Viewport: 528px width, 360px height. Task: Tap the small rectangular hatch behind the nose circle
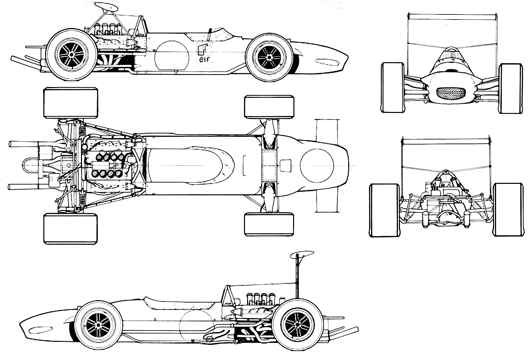(x=285, y=165)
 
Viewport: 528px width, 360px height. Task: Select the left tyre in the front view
(x=393, y=87)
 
